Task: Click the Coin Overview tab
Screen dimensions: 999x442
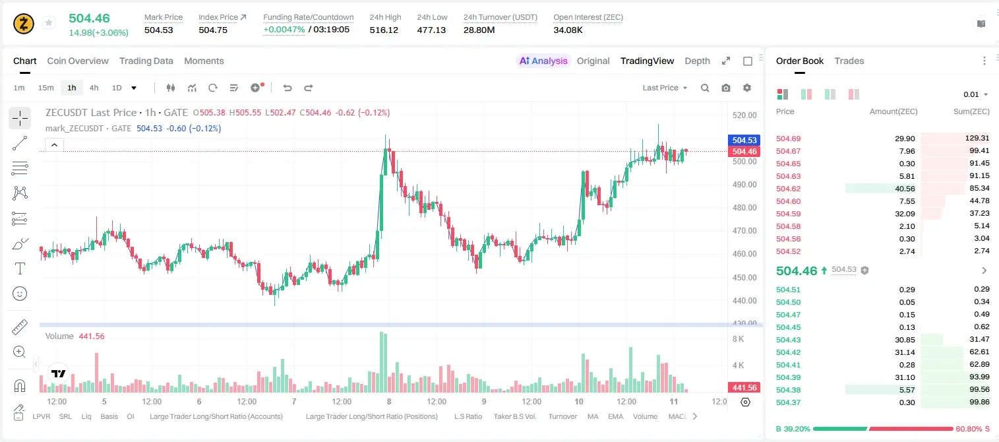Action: (x=78, y=61)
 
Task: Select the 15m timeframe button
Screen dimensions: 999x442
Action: (x=45, y=88)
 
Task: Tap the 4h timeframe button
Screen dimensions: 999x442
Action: (x=94, y=88)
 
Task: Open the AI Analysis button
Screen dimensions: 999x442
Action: (x=543, y=61)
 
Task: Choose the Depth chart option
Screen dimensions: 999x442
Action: (x=697, y=61)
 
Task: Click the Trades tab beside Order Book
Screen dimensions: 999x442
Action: (x=849, y=61)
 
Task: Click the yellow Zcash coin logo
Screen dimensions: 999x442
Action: (x=24, y=24)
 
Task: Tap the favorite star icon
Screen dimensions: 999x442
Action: (x=49, y=22)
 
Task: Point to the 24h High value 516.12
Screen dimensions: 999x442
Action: (x=384, y=30)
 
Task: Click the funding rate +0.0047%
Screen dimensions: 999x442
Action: (x=284, y=30)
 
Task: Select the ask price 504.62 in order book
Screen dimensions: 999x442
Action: (x=788, y=189)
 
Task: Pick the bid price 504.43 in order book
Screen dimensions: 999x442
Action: (x=788, y=340)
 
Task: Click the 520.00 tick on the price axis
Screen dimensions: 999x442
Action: (x=744, y=115)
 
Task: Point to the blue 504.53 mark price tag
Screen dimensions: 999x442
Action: (x=744, y=140)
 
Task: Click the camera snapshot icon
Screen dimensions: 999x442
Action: (x=726, y=88)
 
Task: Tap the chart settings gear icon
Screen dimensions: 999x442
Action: (x=747, y=88)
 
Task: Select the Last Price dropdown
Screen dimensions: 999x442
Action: (x=665, y=88)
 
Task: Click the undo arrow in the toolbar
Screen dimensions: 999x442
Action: (x=288, y=88)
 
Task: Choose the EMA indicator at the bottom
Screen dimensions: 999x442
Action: (x=615, y=416)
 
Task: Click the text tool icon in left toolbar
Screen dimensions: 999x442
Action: (x=20, y=268)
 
